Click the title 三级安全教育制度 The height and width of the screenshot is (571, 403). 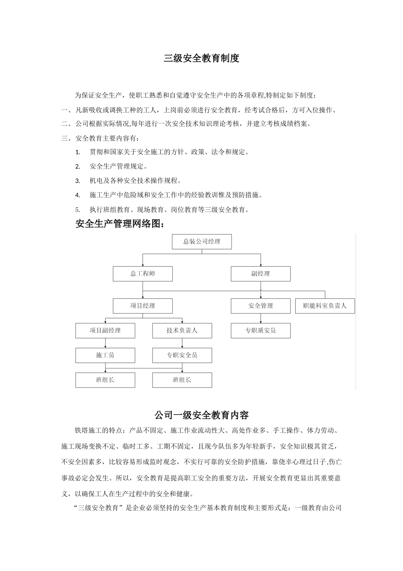tap(201, 59)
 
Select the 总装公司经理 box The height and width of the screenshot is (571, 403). tap(202, 242)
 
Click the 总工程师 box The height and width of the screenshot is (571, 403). tap(143, 274)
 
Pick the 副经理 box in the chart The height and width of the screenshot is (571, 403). tap(260, 274)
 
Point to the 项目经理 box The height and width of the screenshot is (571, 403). tap(143, 306)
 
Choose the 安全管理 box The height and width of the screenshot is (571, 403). tap(260, 306)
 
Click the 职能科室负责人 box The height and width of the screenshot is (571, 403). tap(325, 306)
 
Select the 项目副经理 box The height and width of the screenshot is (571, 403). tap(105, 331)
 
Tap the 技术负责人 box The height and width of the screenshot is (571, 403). tap(182, 331)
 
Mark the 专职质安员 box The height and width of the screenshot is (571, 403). tap(260, 331)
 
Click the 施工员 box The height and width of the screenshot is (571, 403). tap(105, 355)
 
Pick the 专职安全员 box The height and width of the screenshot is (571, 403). tap(182, 355)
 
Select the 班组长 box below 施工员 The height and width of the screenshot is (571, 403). tap(105, 380)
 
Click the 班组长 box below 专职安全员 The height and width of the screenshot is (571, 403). tap(182, 380)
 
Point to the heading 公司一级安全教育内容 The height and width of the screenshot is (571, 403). tap(201, 415)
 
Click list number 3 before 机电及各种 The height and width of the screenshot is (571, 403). tap(78, 181)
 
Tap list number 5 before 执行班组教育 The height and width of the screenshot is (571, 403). tap(78, 210)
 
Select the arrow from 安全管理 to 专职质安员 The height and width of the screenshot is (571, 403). tap(260, 319)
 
